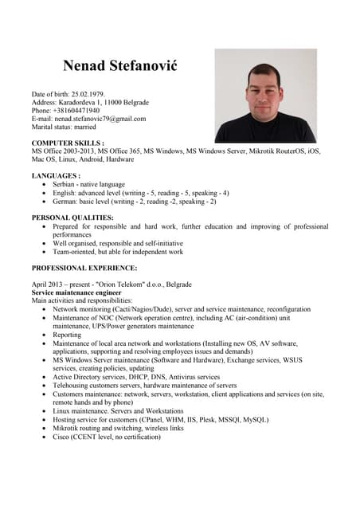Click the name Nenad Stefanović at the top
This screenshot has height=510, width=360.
click(x=119, y=65)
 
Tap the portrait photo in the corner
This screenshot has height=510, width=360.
click(x=265, y=96)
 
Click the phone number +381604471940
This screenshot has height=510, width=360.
click(x=77, y=111)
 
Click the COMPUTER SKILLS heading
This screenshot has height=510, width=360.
click(x=68, y=141)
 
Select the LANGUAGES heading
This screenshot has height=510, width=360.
click(x=56, y=175)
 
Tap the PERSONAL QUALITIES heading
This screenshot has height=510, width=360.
click(x=72, y=217)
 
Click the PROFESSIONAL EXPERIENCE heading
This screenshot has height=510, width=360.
click(x=84, y=268)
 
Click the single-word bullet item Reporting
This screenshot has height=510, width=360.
click(x=69, y=335)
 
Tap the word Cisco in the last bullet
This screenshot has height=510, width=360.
click(x=62, y=437)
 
